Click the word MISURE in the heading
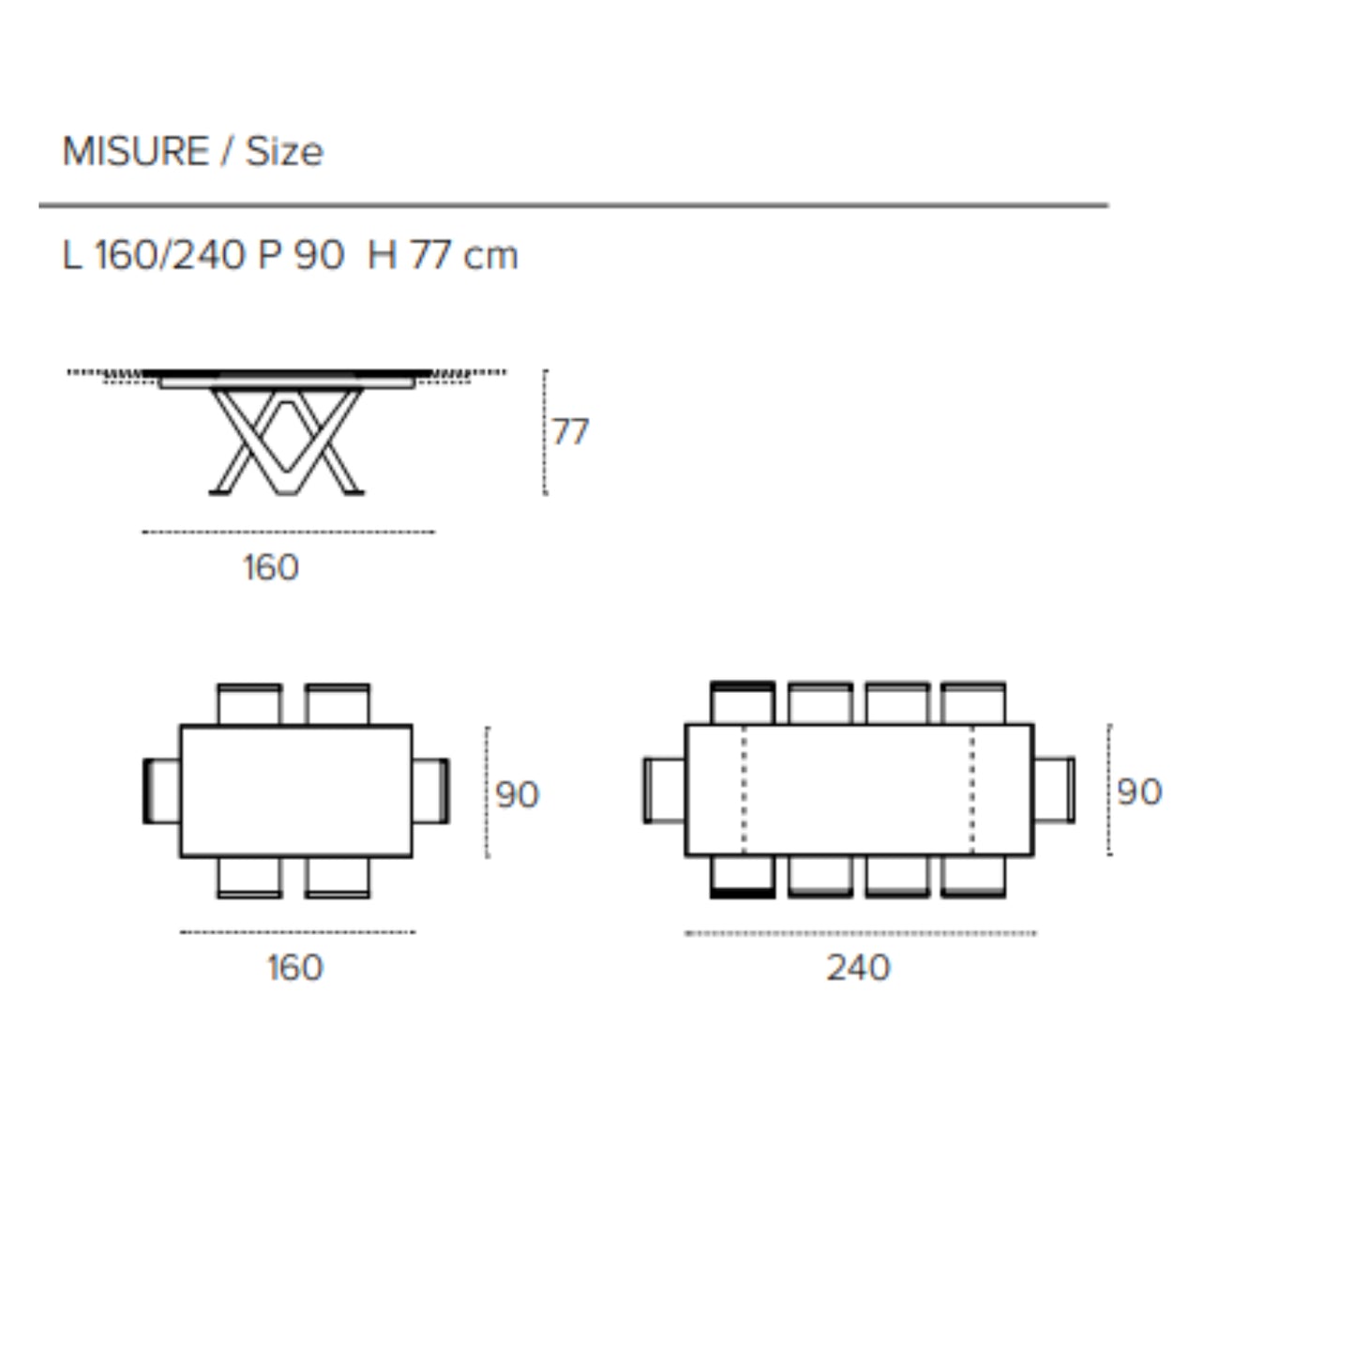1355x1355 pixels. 135,152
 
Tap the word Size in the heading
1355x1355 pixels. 284,152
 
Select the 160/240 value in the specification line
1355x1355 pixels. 170,255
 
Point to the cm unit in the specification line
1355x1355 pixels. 490,256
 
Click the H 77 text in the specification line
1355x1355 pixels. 409,255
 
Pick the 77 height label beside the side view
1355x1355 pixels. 570,432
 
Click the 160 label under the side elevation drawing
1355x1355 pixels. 271,567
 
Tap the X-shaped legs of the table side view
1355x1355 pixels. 286,441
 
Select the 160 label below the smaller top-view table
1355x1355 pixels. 295,967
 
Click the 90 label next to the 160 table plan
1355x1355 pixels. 517,795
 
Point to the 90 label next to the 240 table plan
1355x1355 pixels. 1139,792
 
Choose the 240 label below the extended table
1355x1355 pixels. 858,967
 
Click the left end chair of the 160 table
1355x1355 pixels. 161,791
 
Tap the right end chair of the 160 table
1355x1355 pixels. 430,791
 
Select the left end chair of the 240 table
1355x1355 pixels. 664,790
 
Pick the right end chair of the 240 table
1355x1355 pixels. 1054,790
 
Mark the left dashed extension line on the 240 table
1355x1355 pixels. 745,790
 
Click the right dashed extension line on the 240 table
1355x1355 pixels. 972,790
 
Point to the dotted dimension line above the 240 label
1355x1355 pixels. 860,933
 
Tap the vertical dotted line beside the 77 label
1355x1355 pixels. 545,432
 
